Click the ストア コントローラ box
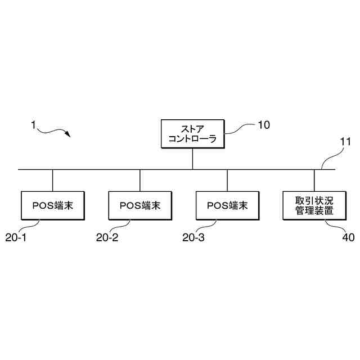(x=193, y=134)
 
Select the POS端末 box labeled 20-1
(x=52, y=205)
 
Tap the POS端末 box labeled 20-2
(x=140, y=205)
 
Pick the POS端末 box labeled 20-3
(x=227, y=205)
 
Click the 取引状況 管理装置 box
(x=314, y=205)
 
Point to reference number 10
(x=264, y=125)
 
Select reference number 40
(x=348, y=237)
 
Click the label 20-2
(x=107, y=237)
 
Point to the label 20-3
(x=193, y=237)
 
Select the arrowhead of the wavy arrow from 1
(x=67, y=135)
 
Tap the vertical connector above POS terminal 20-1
(x=52, y=180)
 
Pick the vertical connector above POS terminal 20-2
(x=140, y=180)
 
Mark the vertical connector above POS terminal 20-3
(x=227, y=180)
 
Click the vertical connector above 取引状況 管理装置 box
(x=314, y=180)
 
